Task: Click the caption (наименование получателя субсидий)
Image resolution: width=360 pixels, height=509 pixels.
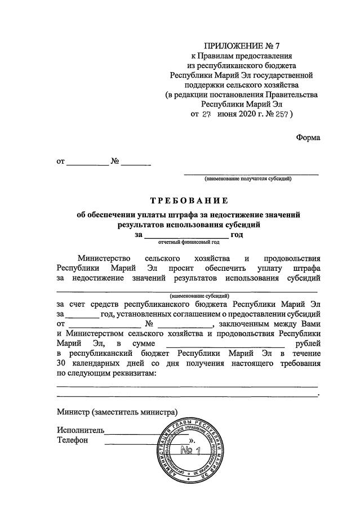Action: coord(247,179)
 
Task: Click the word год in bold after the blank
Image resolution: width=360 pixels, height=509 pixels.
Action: coord(237,235)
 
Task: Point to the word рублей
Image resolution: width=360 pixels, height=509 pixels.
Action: coord(306,343)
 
